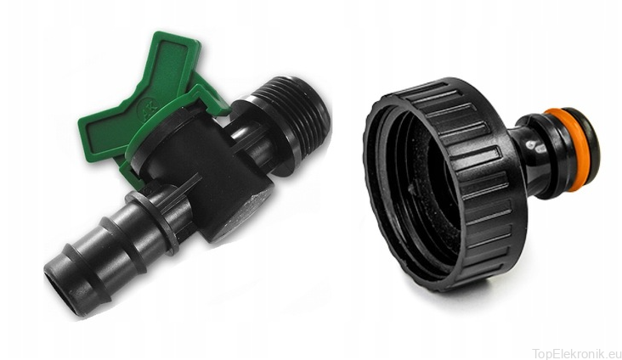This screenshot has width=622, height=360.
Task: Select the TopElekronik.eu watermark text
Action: pyautogui.click(x=576, y=353)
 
